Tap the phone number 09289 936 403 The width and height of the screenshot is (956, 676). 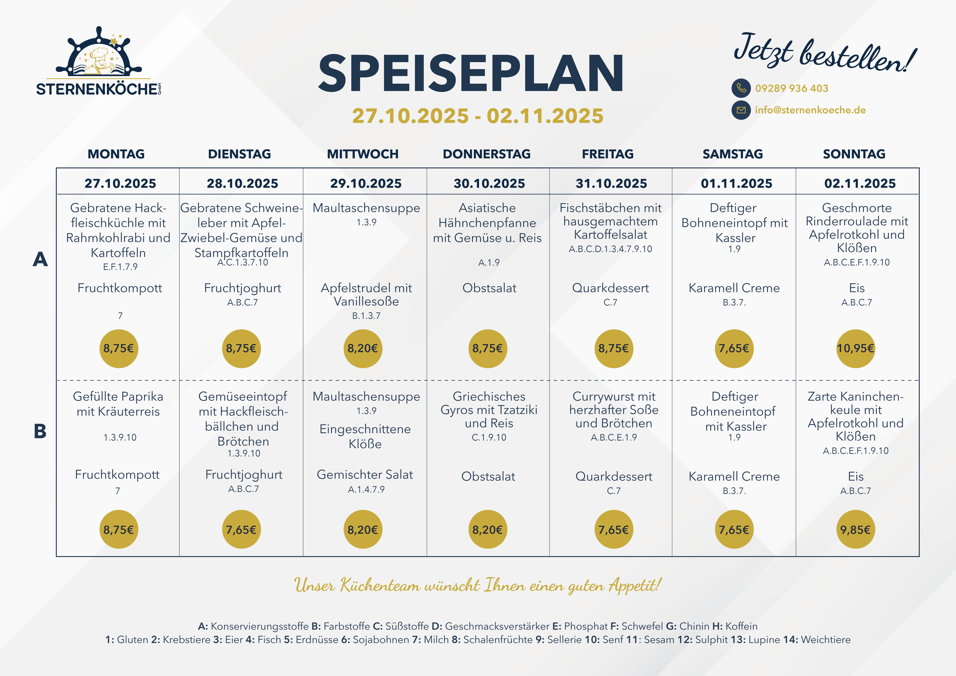pyautogui.click(x=792, y=88)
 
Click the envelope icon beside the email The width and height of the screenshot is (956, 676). pyautogui.click(x=741, y=110)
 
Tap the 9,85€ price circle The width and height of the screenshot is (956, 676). pyautogui.click(x=855, y=529)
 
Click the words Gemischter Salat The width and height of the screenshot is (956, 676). pyautogui.click(x=365, y=474)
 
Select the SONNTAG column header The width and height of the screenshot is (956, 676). pyautogui.click(x=854, y=154)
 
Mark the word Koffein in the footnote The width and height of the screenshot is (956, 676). pyautogui.click(x=741, y=626)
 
